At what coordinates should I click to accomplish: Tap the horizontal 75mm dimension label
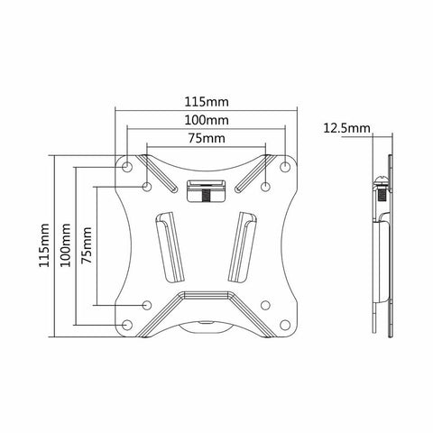point(207,140)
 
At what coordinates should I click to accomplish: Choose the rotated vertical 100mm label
point(60,245)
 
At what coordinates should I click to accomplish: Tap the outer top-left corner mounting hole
point(127,166)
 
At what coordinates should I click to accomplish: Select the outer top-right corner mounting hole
point(286,166)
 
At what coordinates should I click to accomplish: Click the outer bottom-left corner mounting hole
point(127,324)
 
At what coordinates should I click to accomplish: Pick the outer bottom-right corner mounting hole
point(286,324)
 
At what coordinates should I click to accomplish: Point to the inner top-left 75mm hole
point(147,187)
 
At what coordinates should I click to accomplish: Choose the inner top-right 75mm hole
point(266,187)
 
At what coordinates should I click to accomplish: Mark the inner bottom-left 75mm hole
point(147,305)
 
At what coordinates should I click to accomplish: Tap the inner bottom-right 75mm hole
point(266,305)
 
